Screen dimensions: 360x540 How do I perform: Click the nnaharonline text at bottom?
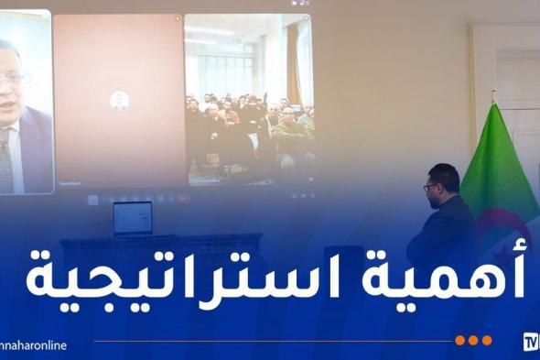pos(35,345)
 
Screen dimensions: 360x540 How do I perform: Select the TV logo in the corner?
pos(530,343)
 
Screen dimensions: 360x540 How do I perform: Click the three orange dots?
pos(473,341)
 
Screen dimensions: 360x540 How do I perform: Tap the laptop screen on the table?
pos(134,217)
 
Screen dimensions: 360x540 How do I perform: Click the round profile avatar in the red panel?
pos(119,99)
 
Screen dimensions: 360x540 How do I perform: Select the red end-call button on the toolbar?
pos(183,198)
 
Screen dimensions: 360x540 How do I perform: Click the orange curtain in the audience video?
pos(294,64)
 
